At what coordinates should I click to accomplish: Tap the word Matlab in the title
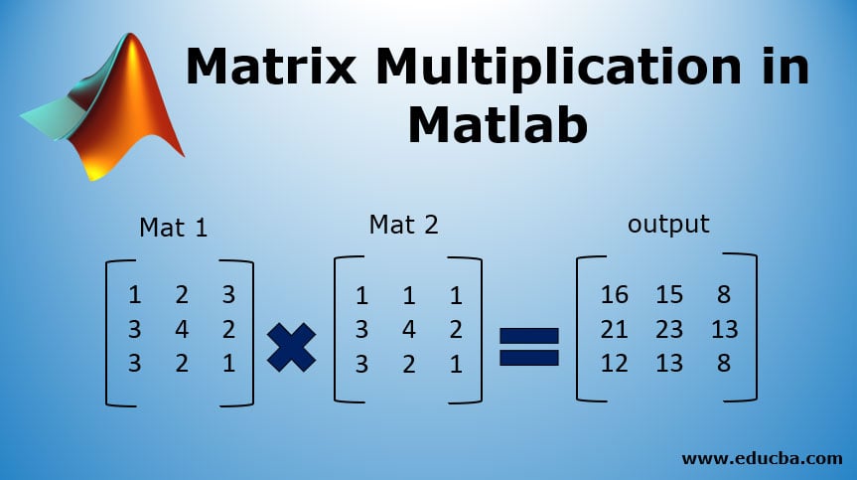tap(498, 124)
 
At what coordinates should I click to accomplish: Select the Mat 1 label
tap(174, 228)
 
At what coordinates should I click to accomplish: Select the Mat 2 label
tap(403, 225)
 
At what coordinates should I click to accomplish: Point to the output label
tap(668, 225)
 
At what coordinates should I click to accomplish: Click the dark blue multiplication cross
tap(291, 347)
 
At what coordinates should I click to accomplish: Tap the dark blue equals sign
tap(529, 347)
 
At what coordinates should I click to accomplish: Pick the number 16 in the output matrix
tap(614, 295)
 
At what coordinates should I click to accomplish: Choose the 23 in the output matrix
tap(669, 329)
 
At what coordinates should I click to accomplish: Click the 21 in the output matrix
tap(614, 329)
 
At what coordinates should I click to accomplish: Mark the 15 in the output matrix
tap(669, 295)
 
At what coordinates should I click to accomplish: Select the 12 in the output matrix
tap(614, 363)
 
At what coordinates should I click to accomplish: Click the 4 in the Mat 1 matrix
tap(182, 329)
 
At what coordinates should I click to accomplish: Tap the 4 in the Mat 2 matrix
tap(409, 329)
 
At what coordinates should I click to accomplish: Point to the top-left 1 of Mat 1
tap(134, 295)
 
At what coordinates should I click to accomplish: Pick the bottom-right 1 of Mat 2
tap(456, 364)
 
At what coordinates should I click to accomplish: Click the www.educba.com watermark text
tap(762, 457)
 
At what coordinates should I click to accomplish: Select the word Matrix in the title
tap(271, 66)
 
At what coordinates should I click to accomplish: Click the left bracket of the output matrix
tap(579, 329)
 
